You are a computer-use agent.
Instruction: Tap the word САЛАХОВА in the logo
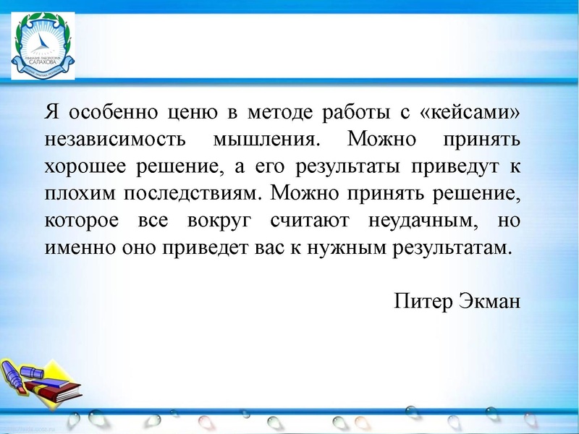click(x=45, y=63)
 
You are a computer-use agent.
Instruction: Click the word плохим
click(x=82, y=193)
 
